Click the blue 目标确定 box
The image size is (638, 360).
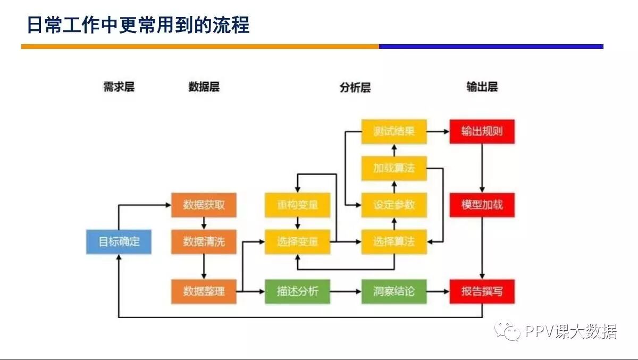(x=119, y=242)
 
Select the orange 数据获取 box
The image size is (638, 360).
(x=204, y=205)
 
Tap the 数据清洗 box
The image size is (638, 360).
(x=204, y=242)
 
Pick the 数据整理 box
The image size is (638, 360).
(x=204, y=291)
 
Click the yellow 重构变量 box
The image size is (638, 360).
(x=297, y=205)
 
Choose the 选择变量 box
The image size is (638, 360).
(x=297, y=242)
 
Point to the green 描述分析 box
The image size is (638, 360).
(x=297, y=291)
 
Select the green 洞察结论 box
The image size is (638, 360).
(x=394, y=291)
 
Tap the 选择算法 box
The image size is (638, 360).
(x=394, y=242)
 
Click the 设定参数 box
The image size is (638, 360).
(x=394, y=205)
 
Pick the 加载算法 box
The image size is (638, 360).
(x=394, y=169)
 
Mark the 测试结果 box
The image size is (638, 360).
(x=394, y=131)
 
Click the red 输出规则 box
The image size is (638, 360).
(x=482, y=131)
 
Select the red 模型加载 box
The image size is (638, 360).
(x=482, y=205)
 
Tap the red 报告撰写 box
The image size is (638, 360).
(x=482, y=291)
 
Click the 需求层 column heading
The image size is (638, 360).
(x=119, y=87)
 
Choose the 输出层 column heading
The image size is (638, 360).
(x=482, y=87)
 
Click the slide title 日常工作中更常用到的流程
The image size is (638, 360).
(x=138, y=25)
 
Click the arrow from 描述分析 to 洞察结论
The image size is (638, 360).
(x=346, y=291)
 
